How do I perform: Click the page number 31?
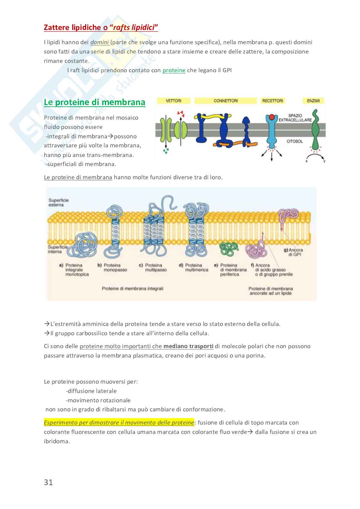point(48,482)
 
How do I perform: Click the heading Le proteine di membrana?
point(95,102)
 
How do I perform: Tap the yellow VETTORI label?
point(174,101)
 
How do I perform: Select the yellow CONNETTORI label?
point(225,101)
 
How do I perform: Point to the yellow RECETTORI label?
point(273,101)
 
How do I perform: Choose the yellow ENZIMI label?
point(313,101)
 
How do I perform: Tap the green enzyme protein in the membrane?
point(316,129)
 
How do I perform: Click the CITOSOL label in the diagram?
point(295,141)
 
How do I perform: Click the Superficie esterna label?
point(58,202)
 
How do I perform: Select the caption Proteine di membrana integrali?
point(133,289)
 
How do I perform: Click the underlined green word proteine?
point(174,70)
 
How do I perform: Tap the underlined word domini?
point(99,42)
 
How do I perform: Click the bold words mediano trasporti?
point(188,346)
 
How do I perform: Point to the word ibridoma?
point(57,441)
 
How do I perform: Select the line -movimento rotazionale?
point(98,400)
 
